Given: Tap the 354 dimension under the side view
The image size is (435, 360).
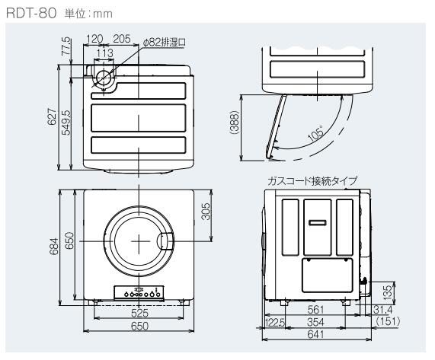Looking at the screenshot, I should [x=310, y=323].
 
